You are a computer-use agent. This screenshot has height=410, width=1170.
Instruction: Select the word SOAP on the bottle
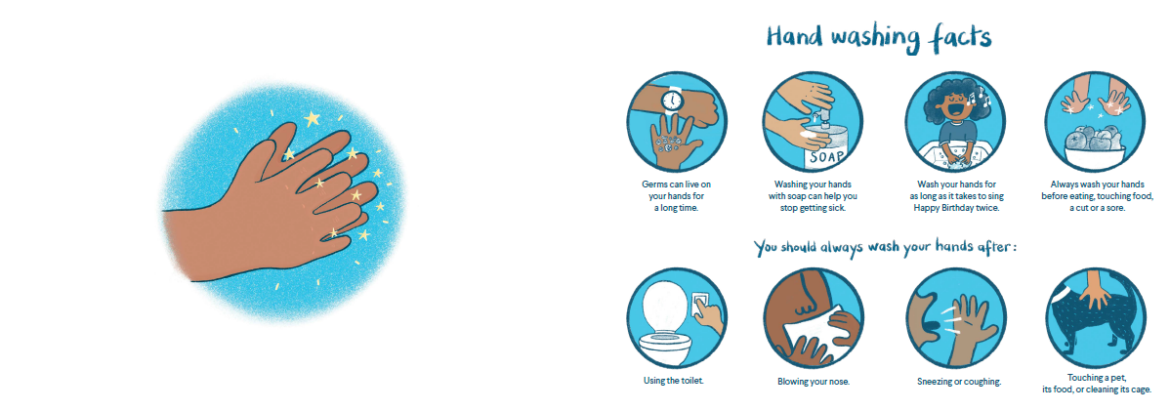pyautogui.click(x=826, y=156)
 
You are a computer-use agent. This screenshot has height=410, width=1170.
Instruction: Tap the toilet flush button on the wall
pyautogui.click(x=701, y=299)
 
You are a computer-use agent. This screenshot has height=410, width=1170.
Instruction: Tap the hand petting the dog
pyautogui.click(x=1096, y=288)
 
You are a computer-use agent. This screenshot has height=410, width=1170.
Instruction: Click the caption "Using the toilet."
pyautogui.click(x=674, y=380)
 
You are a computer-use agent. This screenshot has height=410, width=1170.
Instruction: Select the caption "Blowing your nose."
pyautogui.click(x=814, y=382)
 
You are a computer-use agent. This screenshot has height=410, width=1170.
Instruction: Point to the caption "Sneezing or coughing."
pyautogui.click(x=959, y=382)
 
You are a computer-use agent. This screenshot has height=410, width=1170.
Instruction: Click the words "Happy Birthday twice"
pyautogui.click(x=956, y=208)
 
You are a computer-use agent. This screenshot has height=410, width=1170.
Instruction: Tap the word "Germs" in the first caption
pyautogui.click(x=654, y=184)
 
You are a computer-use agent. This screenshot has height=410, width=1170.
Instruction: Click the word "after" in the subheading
pyautogui.click(x=993, y=248)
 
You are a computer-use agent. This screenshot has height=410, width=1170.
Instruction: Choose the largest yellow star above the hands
pyautogui.click(x=312, y=118)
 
